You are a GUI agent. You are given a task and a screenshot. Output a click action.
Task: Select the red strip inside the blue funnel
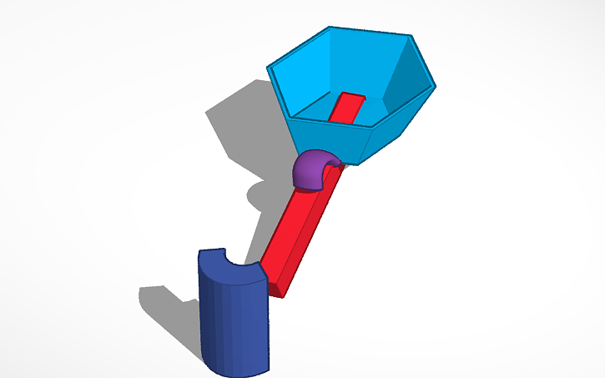(x=345, y=107)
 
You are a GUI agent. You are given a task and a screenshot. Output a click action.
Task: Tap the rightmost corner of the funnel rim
(x=435, y=85)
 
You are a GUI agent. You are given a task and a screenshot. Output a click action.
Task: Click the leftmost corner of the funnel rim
(x=268, y=66)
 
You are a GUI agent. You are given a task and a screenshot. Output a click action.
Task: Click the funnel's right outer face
(x=405, y=125)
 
